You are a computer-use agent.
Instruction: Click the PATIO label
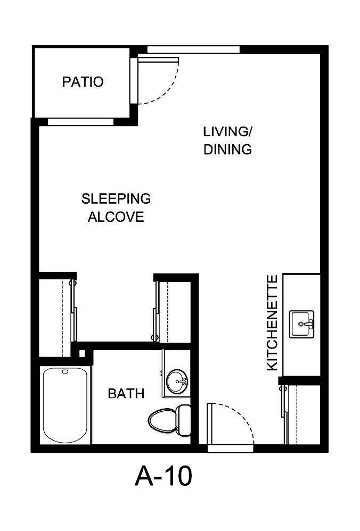point(83,82)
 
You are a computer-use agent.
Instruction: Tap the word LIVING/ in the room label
point(226,131)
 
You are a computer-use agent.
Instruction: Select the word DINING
point(227,150)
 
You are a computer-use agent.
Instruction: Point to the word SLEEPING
point(116,199)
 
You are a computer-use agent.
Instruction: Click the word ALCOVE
point(116,217)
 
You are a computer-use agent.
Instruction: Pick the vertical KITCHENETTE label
point(272,323)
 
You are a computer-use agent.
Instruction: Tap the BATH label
point(126,394)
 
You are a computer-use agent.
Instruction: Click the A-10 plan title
point(163,476)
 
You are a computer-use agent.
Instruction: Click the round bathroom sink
point(176,381)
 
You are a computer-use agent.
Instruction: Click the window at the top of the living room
point(193,50)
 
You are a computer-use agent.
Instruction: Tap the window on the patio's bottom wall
point(80,121)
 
